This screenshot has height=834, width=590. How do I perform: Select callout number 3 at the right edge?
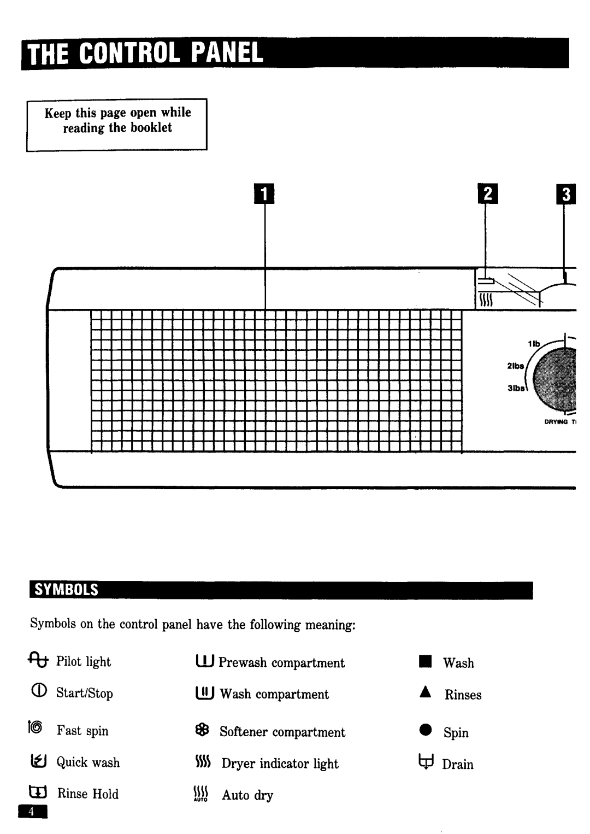tap(567, 195)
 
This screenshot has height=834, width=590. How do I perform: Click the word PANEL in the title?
tap(226, 54)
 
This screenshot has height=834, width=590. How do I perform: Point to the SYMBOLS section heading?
tap(67, 590)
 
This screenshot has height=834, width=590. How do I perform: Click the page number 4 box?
tap(32, 812)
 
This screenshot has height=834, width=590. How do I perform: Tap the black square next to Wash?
tap(426, 662)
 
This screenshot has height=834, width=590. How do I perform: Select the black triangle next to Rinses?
tap(426, 693)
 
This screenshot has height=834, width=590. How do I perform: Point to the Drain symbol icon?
tap(426, 763)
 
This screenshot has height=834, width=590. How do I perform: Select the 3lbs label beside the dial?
tap(516, 388)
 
